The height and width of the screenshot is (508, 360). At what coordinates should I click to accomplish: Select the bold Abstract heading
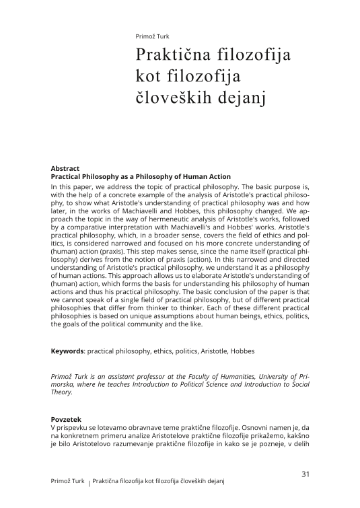click(x=65, y=168)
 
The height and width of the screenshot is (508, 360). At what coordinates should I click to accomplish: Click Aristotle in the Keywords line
click(x=223, y=351)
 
